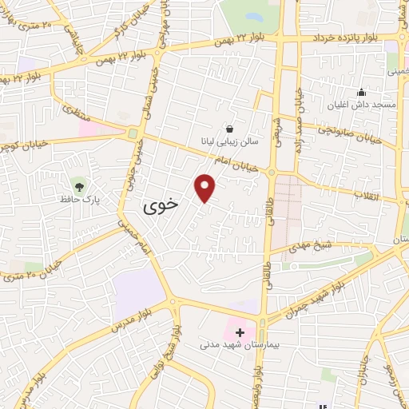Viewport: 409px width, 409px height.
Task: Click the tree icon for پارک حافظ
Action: (77, 185)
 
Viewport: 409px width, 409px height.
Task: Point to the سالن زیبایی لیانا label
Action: (229, 140)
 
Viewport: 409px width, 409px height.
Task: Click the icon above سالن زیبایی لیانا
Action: (229, 128)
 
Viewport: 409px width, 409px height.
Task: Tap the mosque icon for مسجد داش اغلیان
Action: (361, 93)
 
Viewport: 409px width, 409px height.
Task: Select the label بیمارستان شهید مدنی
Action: (239, 346)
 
